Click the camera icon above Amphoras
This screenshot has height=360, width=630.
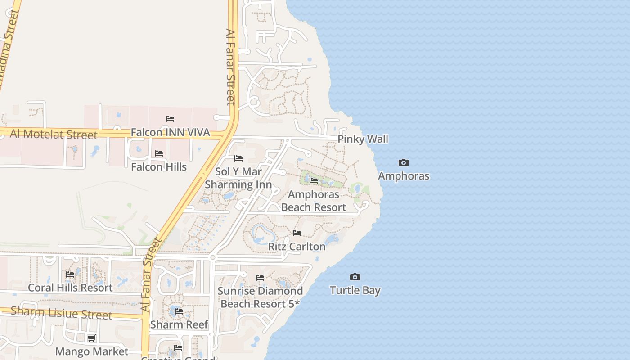[404, 162]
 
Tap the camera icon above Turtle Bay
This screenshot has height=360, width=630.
[355, 277]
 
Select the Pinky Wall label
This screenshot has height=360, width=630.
[363, 139]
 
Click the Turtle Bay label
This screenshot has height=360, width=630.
[355, 290]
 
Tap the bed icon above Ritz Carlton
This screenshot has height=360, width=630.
[297, 233]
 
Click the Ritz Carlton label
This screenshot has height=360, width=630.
[297, 247]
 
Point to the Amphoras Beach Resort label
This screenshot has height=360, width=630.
[314, 201]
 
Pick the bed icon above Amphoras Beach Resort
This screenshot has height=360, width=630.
[314, 181]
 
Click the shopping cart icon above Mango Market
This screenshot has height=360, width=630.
[92, 338]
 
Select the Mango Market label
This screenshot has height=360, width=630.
[92, 351]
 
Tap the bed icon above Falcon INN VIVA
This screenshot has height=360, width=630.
[170, 119]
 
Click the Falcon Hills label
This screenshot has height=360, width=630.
[159, 167]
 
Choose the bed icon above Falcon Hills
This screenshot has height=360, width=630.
[159, 153]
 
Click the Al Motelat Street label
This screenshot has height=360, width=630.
[54, 134]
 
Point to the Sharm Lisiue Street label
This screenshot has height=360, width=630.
[61, 313]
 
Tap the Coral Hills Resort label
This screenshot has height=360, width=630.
[70, 288]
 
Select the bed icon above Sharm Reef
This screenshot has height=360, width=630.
[179, 311]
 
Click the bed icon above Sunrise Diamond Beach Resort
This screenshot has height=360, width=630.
[260, 278]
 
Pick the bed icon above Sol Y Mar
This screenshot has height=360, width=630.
[238, 158]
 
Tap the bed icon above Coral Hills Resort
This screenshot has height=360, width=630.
[70, 274]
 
